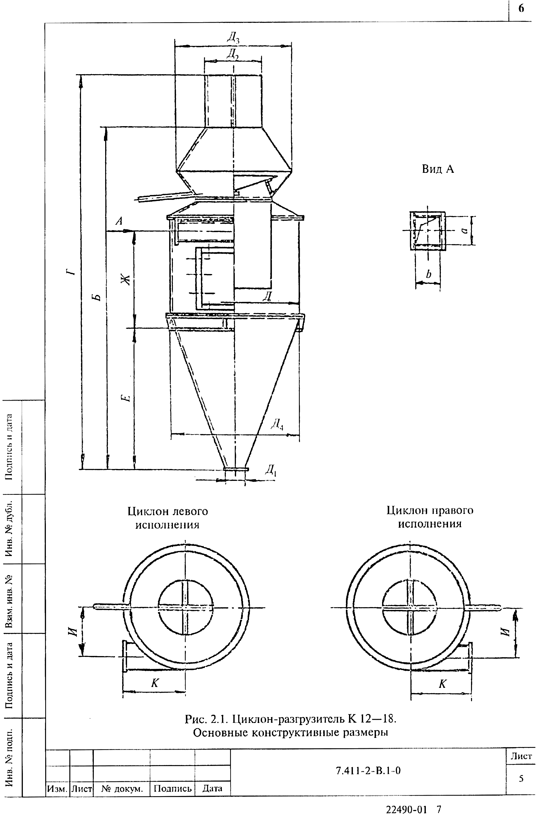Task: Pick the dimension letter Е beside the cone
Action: pyautogui.click(x=127, y=398)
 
